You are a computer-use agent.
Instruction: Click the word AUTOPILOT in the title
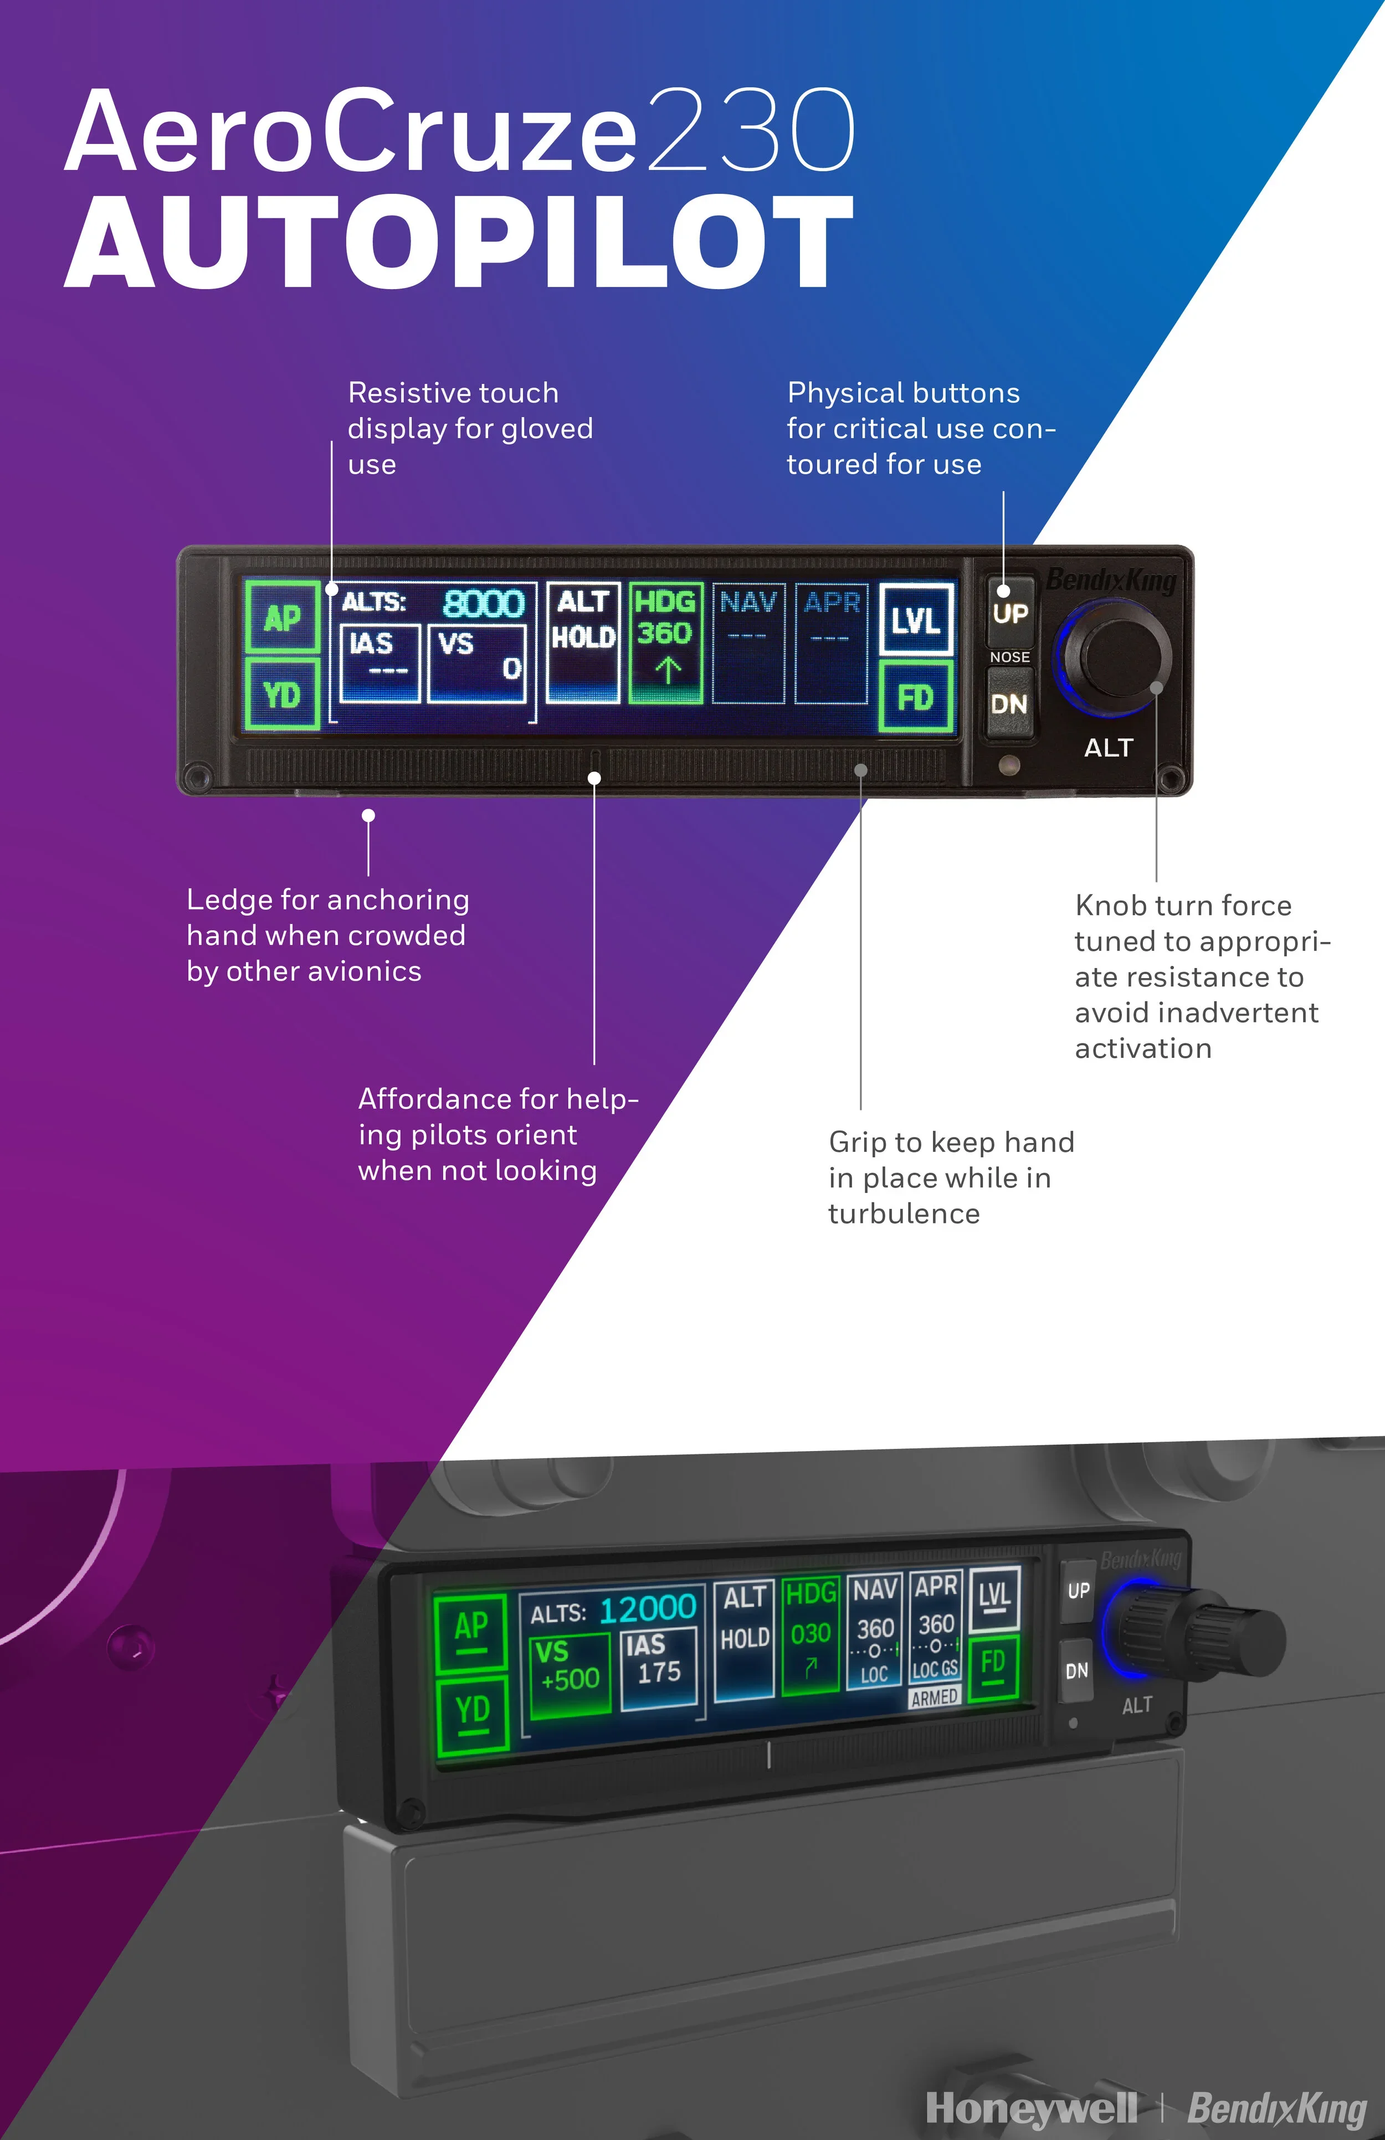(x=459, y=241)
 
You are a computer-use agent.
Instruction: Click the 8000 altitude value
(x=483, y=603)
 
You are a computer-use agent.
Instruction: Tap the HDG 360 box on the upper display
(x=665, y=641)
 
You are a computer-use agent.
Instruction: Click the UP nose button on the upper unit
(x=1010, y=613)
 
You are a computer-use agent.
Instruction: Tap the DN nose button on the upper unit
(x=1009, y=704)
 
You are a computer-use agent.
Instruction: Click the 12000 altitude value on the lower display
(x=648, y=1608)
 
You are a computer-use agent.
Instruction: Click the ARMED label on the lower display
(x=935, y=1697)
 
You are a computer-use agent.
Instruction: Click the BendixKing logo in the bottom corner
(x=1277, y=2108)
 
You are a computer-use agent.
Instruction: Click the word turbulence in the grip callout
(x=904, y=1214)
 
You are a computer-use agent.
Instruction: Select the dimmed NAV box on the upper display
(x=748, y=641)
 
